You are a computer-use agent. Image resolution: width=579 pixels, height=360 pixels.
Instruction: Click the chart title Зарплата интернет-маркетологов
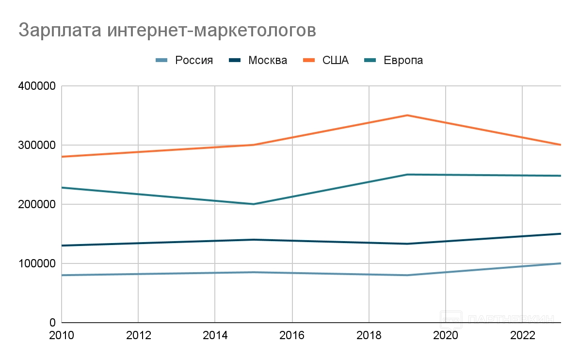pos(167,30)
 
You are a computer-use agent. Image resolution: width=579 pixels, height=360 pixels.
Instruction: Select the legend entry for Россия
pos(193,61)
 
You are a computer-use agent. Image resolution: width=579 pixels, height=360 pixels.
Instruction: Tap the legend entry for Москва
pos(267,61)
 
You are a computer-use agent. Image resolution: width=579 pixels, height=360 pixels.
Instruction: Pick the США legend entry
pos(335,61)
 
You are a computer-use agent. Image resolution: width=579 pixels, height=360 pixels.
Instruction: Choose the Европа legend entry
pos(403,61)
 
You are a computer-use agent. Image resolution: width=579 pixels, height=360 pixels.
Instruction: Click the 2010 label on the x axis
pos(62,336)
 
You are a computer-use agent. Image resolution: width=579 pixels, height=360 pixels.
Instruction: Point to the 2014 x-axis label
pos(215,336)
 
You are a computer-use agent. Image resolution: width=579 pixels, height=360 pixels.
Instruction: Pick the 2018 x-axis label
pos(369,336)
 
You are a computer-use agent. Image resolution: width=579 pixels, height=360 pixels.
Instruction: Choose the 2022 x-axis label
pos(523,336)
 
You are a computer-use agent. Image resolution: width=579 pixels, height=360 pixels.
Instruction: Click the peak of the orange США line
pos(407,115)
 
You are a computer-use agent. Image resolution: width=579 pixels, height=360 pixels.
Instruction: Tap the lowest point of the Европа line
pos(254,204)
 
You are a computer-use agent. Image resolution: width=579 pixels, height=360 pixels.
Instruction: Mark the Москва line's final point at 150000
pos(560,234)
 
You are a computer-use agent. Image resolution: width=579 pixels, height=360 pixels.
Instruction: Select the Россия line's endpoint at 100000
pos(560,263)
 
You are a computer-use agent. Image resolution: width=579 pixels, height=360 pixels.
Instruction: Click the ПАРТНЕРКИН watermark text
pos(512,319)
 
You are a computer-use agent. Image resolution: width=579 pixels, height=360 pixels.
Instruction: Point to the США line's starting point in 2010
pos(63,157)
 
